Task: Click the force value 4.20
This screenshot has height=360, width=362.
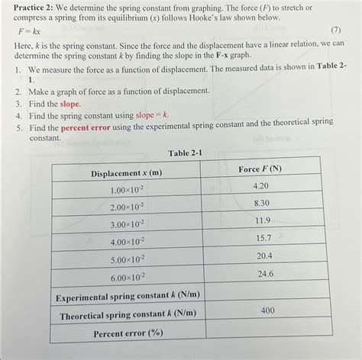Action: click(260, 185)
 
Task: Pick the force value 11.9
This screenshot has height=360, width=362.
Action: click(262, 220)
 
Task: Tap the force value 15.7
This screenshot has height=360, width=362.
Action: click(263, 238)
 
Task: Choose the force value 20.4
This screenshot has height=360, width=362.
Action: click(264, 256)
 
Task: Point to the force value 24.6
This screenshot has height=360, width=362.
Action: click(265, 273)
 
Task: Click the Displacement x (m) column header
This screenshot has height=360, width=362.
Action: click(126, 173)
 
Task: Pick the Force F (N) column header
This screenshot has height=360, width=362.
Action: click(260, 168)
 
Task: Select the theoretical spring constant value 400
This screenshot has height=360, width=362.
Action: click(267, 310)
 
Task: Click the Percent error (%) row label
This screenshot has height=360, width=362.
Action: click(129, 333)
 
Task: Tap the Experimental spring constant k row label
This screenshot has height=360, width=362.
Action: click(126, 296)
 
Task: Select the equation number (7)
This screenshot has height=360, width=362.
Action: click(335, 30)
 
